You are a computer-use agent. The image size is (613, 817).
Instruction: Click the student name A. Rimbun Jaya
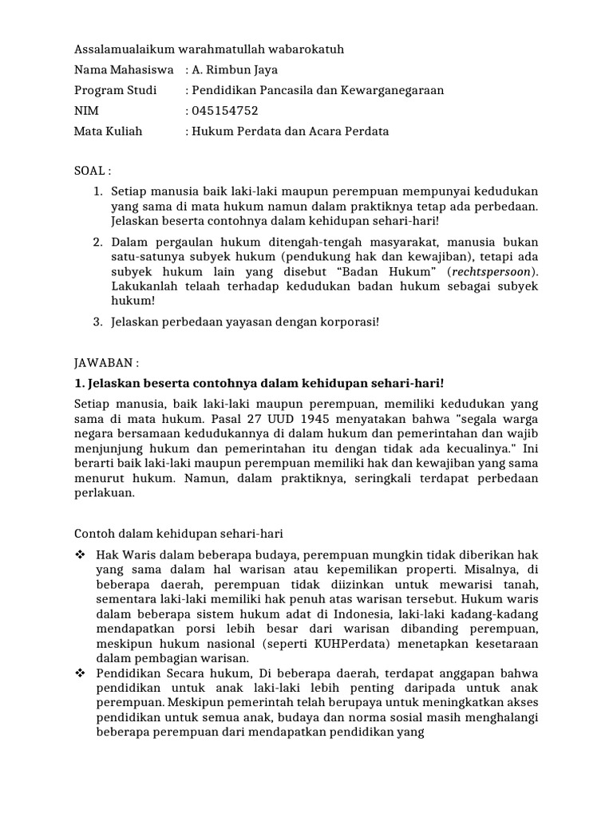click(231, 69)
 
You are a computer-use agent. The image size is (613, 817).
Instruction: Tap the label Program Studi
click(116, 90)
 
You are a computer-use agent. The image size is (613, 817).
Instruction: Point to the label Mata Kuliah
click(109, 131)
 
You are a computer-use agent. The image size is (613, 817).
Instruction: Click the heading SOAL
click(90, 172)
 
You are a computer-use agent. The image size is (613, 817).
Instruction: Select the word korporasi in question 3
click(343, 322)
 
